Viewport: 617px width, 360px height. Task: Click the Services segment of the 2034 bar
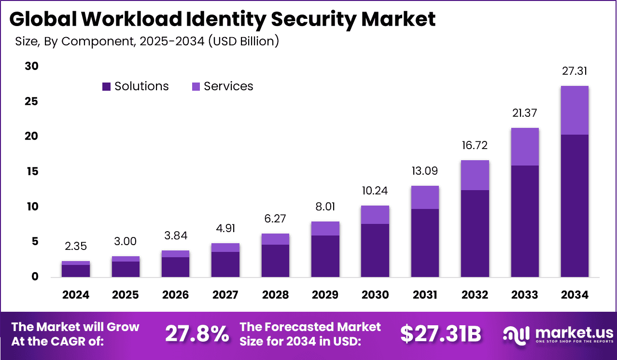coord(575,110)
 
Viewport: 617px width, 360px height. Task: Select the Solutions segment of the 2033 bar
coord(525,221)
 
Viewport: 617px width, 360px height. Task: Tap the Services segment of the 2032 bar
coord(475,175)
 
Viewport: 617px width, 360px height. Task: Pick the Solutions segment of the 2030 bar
coord(375,250)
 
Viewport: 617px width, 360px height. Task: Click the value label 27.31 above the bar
coord(575,71)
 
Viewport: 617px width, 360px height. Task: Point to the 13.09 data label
coord(425,171)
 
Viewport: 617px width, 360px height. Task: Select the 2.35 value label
coord(76,247)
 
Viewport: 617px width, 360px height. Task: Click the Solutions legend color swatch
coord(106,87)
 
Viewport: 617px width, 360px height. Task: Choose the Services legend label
coord(228,86)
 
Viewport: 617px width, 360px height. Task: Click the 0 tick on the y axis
coord(34,277)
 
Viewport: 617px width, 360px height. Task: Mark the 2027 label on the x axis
coord(225,295)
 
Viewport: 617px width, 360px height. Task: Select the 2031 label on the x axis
coord(425,295)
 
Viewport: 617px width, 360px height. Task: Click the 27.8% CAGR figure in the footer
coord(197,333)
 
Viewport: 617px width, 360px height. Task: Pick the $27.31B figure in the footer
coord(441,333)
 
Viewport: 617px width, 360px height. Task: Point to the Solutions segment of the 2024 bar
coord(76,271)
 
